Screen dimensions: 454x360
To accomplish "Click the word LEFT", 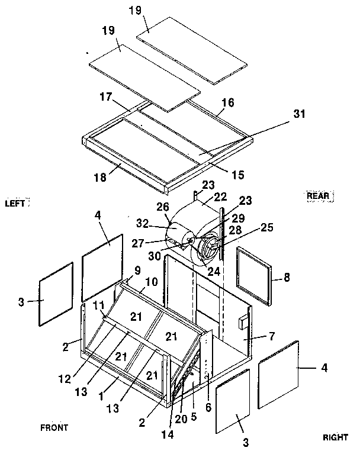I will (x=15, y=202).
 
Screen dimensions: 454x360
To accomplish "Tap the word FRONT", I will (x=54, y=427).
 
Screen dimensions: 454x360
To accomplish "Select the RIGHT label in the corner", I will (x=335, y=437).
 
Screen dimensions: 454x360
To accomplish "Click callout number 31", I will (x=300, y=114).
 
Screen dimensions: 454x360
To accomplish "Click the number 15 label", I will (x=237, y=175).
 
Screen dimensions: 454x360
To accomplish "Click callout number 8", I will (x=286, y=276).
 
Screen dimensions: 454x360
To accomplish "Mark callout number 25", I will (x=268, y=227).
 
